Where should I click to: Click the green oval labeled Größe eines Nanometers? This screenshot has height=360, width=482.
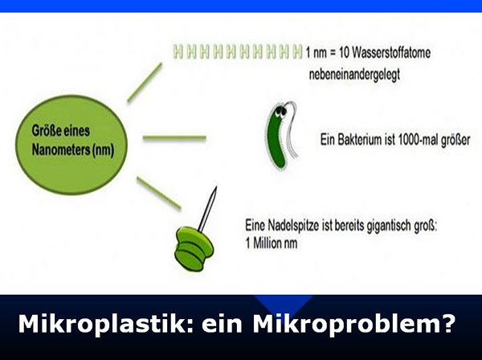pyautogui.click(x=71, y=144)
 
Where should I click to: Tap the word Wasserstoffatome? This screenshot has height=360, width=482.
pyautogui.click(x=391, y=52)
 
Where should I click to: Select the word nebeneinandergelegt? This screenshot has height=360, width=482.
pyautogui.click(x=354, y=75)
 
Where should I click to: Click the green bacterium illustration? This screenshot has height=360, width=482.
pyautogui.click(x=281, y=136)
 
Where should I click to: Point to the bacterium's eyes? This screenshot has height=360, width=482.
pyautogui.click(x=280, y=113)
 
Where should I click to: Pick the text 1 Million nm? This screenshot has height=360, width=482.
pyautogui.click(x=272, y=243)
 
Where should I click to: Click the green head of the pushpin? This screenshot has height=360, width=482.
pyautogui.click(x=194, y=248)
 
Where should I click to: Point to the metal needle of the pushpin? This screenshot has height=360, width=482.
pyautogui.click(x=207, y=209)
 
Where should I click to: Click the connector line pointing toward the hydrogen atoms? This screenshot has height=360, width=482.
pyautogui.click(x=145, y=83)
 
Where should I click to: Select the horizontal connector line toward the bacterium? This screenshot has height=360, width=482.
pyautogui.click(x=174, y=137)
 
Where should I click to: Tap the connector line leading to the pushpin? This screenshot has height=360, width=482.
pyautogui.click(x=158, y=194)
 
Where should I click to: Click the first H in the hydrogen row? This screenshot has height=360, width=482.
pyautogui.click(x=178, y=51)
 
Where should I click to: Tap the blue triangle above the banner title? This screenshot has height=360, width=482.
pyautogui.click(x=284, y=304)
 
